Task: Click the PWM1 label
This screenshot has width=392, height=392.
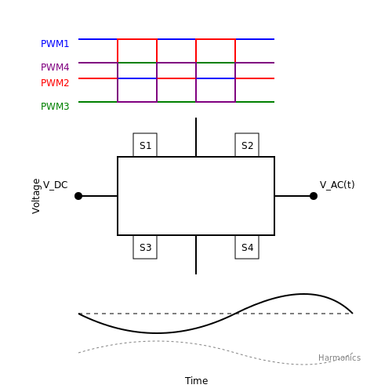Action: [x=55, y=44]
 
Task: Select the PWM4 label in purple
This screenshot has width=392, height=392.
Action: [x=55, y=67]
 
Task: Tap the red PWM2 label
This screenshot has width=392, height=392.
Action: [x=55, y=83]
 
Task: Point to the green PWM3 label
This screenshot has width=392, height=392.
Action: [x=55, y=107]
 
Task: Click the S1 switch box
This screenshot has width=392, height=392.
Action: [x=145, y=145]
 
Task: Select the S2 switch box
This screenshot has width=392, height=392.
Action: [x=247, y=145]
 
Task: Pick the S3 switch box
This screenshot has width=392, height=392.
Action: [x=145, y=247]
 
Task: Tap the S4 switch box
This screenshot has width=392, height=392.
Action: [x=247, y=247]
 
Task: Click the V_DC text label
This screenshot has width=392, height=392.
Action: [x=55, y=185]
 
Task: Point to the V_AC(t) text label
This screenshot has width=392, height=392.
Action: [x=337, y=185]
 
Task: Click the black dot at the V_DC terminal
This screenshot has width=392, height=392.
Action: [x=78, y=196]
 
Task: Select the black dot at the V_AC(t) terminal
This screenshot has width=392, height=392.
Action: [x=314, y=196]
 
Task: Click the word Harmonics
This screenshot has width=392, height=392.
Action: [x=339, y=358]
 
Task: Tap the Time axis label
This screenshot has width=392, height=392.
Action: [x=196, y=381]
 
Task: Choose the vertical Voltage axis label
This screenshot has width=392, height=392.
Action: [x=36, y=196]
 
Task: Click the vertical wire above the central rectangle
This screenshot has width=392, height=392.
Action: [x=196, y=137]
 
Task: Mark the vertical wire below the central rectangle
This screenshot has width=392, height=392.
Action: [x=196, y=255]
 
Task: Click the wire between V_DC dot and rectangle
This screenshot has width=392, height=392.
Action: [x=98, y=196]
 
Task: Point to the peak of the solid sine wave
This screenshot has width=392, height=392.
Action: [x=303, y=294]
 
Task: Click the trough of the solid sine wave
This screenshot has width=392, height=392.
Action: [x=156, y=333]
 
